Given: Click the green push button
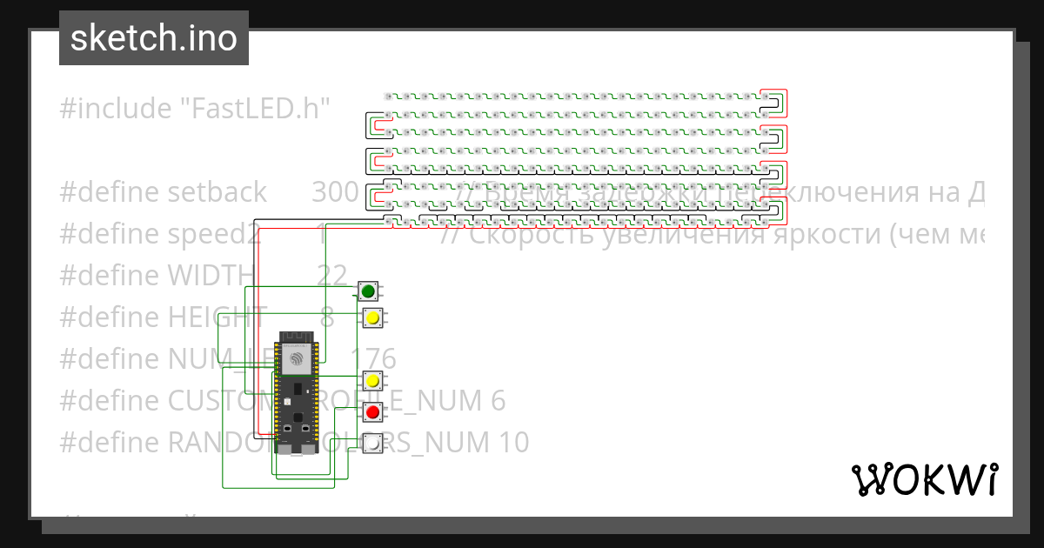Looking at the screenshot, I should [368, 291].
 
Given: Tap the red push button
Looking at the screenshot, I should [372, 411].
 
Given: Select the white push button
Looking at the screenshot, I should [372, 443].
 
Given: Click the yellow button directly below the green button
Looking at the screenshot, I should [372, 317].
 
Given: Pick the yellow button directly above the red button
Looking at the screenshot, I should [372, 380].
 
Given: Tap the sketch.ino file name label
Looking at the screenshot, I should [153, 38].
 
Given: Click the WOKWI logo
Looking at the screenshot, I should [924, 480].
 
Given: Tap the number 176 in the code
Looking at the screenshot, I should [373, 358].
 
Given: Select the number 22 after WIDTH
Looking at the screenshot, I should [332, 276].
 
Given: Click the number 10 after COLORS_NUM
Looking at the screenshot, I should [512, 443].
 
